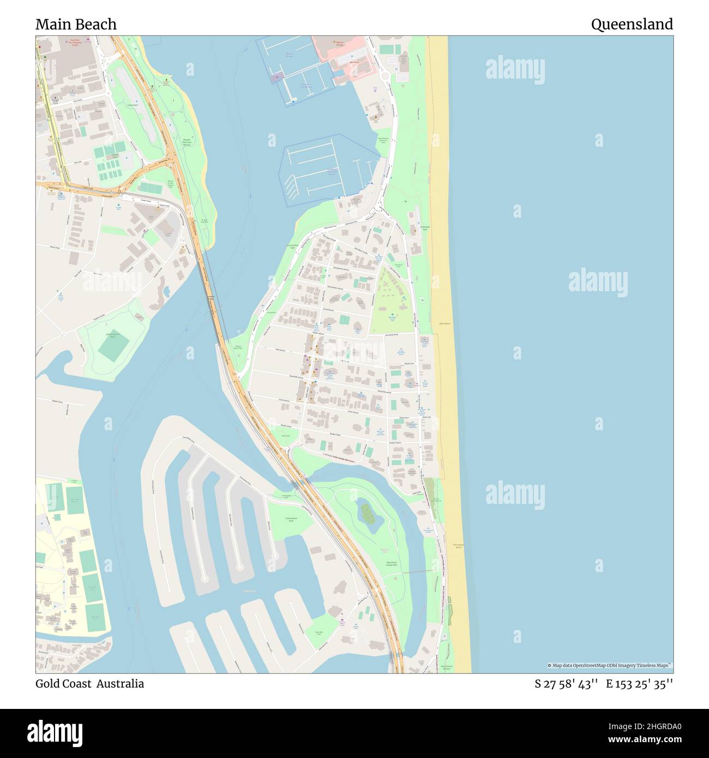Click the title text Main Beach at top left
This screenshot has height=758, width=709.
[x=76, y=25]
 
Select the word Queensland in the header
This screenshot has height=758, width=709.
[x=632, y=25]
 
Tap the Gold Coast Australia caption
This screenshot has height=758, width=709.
[x=90, y=684]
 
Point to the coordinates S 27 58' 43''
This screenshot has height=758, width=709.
[x=567, y=684]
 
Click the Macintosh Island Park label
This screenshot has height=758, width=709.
[x=392, y=564]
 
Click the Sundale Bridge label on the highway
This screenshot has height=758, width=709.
[x=210, y=297]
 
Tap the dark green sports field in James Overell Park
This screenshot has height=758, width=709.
[x=113, y=346]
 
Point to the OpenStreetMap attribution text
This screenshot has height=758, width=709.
[x=610, y=665]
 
